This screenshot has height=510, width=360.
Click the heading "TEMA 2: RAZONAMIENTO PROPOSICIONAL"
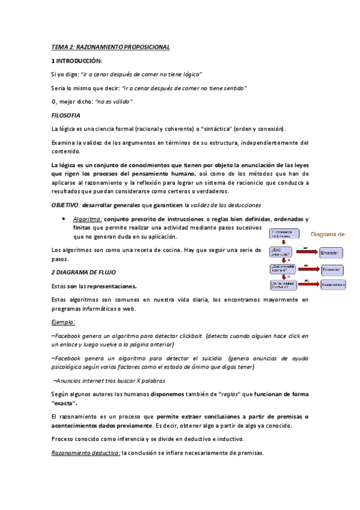111,47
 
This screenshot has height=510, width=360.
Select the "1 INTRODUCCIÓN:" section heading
76,61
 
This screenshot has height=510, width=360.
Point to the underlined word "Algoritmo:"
87,220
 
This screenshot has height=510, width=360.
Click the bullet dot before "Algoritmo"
64,220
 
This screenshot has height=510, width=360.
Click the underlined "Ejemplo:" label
63,322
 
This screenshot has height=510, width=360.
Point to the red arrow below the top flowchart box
275,243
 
